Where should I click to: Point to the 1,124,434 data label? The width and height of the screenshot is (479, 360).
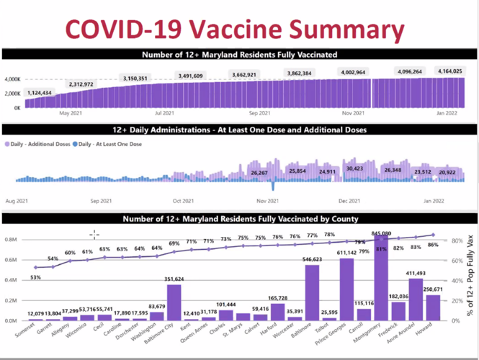click(45, 92)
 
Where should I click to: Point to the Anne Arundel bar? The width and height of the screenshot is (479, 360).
click(416, 300)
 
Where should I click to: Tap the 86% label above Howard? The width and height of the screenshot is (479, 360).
click(433, 246)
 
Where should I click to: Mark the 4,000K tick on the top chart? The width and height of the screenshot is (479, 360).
click(12, 79)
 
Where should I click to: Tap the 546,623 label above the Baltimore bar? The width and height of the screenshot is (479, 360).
click(311, 258)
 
